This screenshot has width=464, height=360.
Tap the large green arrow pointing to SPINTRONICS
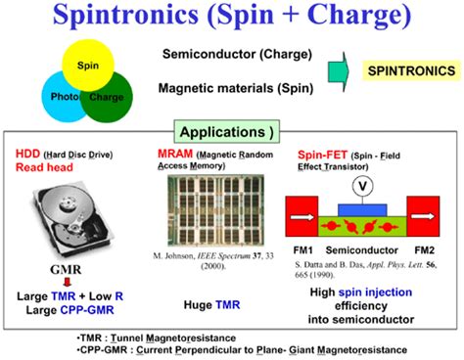tap(339, 71)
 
